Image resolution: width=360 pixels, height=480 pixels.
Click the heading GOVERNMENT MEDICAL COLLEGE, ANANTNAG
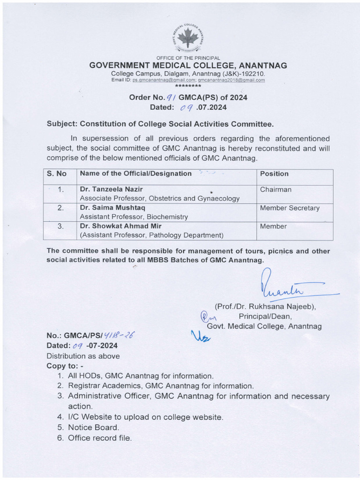188,66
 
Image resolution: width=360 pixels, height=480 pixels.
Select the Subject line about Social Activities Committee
160,124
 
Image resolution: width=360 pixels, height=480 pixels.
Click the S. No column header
57,174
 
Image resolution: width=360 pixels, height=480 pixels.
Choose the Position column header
274,174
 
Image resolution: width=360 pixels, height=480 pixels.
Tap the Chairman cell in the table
276,189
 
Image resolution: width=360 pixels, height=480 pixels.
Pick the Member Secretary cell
290,208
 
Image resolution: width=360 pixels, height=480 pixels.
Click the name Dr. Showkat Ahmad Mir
120,226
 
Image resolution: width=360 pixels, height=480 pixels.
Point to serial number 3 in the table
60,226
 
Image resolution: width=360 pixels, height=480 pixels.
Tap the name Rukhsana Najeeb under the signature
285,307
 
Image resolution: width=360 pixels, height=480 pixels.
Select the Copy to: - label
65,366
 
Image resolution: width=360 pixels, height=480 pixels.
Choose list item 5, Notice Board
93,427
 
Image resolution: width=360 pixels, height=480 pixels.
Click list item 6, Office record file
99,438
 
